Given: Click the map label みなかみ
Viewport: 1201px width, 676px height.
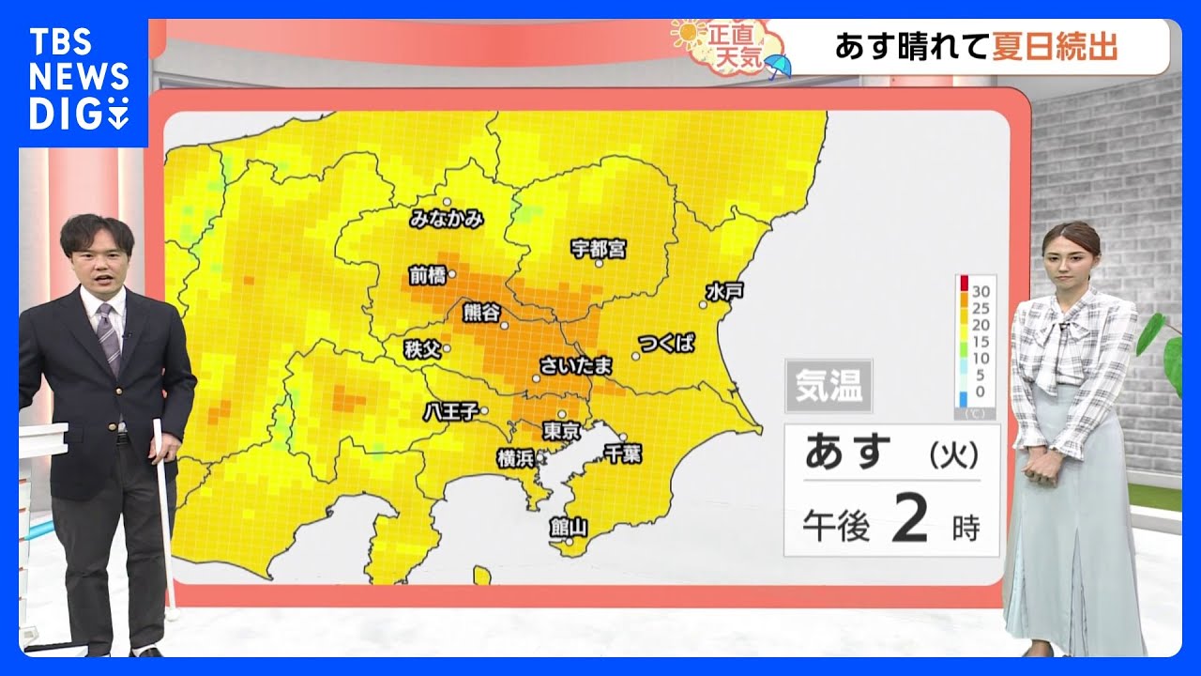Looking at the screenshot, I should pos(447,220).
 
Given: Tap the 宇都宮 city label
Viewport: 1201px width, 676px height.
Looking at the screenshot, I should pos(599,249).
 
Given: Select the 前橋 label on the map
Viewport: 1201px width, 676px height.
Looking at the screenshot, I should pos(426,276).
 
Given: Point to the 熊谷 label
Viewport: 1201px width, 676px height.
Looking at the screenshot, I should pos(482,313).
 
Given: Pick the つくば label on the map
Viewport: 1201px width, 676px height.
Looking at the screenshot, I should pos(666,343).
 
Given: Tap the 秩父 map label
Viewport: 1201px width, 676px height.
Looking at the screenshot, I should pos(421,349).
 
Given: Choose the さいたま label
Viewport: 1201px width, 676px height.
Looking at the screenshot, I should pos(576,364).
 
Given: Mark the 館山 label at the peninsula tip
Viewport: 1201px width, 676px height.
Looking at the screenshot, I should pos(569,527).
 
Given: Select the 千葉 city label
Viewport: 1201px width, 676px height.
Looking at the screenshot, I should pos(622,453).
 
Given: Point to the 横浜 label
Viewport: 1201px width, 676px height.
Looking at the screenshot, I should pos(515,458).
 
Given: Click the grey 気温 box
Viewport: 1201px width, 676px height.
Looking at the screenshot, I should pos(829,386).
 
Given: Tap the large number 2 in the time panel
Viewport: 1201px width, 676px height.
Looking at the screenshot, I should pos(909,522).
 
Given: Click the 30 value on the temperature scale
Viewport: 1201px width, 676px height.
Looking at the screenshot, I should pos(981,288).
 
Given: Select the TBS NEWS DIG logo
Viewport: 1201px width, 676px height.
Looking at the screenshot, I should pos(79,80).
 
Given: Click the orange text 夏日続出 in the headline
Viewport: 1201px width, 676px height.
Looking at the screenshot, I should pos(1055,46).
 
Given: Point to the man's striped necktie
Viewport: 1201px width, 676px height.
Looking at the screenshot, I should pos(110,337).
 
